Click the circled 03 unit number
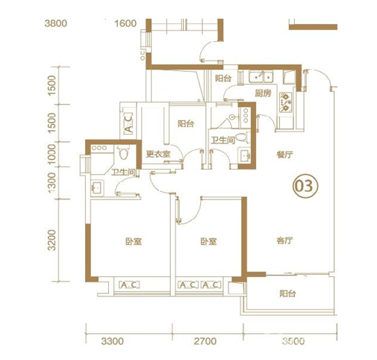[x=306, y=186]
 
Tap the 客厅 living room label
[x=284, y=240]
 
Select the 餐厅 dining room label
[x=284, y=155]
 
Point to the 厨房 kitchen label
[x=263, y=93]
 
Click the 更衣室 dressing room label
[x=158, y=154]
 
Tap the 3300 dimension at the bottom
[x=112, y=341]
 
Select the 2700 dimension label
[x=205, y=341]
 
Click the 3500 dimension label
[x=293, y=341]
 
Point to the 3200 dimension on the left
[x=52, y=240]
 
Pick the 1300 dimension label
[x=52, y=182]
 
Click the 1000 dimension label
[x=52, y=154]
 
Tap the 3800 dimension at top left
[x=56, y=23]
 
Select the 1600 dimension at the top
[x=125, y=23]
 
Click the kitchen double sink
[x=261, y=76]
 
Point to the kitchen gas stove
[x=285, y=102]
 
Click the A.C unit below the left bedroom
[x=129, y=285]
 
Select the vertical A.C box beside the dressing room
[x=128, y=123]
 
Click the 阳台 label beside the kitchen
[x=223, y=78]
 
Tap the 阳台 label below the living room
[x=287, y=294]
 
